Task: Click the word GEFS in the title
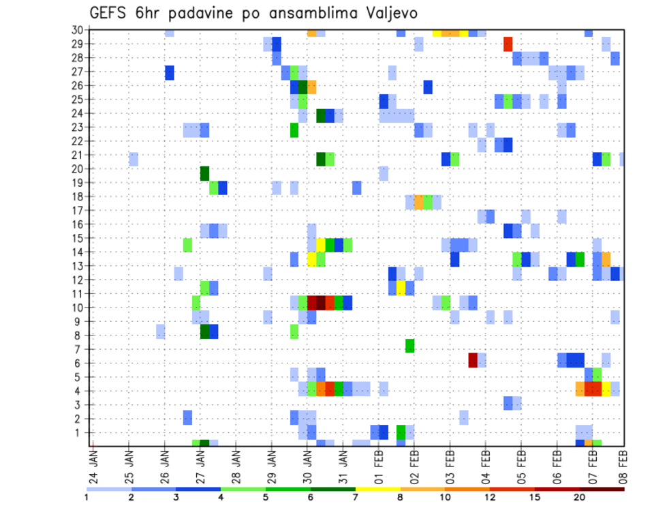coord(112,13)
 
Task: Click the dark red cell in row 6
coord(473,359)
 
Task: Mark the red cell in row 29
coord(508,44)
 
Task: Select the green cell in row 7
coord(409,346)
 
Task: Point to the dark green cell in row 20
coord(204,173)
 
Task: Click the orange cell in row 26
coord(311,87)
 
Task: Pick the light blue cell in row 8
coord(160,331)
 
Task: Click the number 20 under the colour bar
coord(580,497)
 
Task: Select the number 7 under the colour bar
coord(355,497)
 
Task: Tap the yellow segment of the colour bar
coord(377,488)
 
